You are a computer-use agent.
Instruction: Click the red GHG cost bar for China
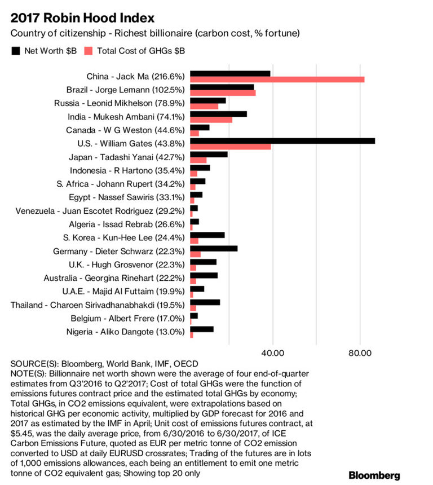[277, 80]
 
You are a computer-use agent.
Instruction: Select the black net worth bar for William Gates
[282, 140]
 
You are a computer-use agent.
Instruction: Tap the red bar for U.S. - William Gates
[231, 147]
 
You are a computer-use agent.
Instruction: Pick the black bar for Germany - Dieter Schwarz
[214, 248]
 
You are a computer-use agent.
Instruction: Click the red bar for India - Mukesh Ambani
[211, 120]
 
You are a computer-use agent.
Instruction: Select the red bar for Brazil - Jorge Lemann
[223, 92]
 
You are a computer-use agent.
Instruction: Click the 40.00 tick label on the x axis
[273, 353]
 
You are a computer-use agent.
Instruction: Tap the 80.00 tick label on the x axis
[361, 353]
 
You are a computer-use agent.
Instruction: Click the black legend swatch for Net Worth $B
[16, 51]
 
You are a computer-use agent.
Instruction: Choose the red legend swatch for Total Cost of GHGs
[89, 51]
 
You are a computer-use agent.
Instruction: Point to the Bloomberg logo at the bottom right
[374, 475]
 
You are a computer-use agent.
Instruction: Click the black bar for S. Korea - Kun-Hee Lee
[207, 235]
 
